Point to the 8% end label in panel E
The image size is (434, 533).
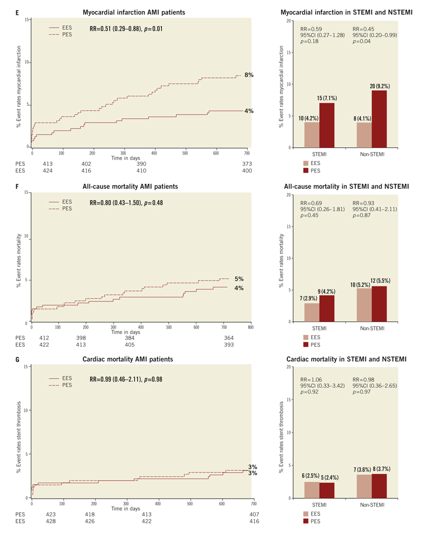(x=249, y=74)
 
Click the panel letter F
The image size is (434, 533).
(x=18, y=186)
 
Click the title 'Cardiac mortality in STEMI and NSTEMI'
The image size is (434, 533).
(x=347, y=359)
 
